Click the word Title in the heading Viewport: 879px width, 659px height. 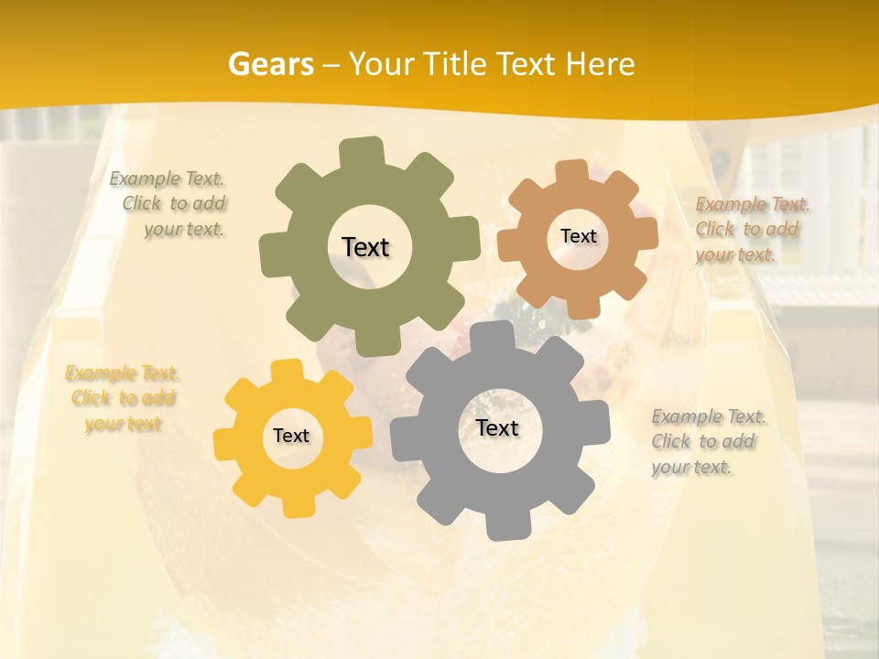[x=458, y=64]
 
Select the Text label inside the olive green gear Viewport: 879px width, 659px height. [x=365, y=247]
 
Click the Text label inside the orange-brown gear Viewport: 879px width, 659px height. [x=578, y=236]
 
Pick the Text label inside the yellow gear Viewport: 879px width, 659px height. [x=291, y=436]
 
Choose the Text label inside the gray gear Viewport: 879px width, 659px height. [x=497, y=427]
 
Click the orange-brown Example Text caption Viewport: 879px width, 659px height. [x=751, y=229]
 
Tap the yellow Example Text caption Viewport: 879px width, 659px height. [x=123, y=398]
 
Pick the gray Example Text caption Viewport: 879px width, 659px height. [x=707, y=441]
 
